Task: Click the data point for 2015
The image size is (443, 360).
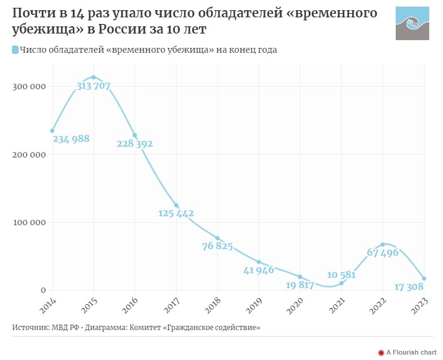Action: click(93, 77)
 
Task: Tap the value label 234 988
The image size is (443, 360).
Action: click(71, 139)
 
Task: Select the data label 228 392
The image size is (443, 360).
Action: click(134, 144)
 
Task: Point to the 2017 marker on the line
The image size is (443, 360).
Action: click(176, 205)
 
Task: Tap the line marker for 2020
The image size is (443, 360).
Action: click(300, 277)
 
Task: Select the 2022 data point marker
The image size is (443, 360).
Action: click(383, 244)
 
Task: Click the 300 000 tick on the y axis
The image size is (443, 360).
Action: click(31, 87)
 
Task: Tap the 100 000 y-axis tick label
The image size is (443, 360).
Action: click(31, 223)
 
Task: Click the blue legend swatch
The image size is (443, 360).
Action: click(15, 50)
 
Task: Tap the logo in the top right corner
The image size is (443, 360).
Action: click(412, 24)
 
